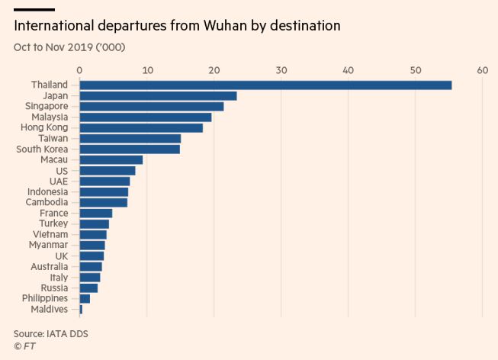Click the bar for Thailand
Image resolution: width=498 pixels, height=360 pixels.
(x=265, y=85)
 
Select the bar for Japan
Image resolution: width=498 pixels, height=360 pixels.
(x=158, y=95)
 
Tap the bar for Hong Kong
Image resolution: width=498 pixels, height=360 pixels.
(x=141, y=127)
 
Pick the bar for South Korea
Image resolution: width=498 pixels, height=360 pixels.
(x=130, y=149)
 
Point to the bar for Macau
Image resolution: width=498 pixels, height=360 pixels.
(x=111, y=159)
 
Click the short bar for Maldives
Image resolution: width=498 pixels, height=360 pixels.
(x=81, y=309)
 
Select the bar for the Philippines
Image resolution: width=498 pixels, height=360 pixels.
(x=85, y=298)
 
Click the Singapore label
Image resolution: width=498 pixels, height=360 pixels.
(x=45, y=106)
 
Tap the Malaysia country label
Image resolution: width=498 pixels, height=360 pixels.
(x=50, y=117)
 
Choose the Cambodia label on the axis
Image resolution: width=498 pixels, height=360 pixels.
(x=47, y=202)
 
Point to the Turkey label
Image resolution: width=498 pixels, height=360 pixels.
(x=53, y=223)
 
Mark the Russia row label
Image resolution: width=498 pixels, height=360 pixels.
(x=54, y=288)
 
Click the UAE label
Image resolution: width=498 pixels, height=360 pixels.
(x=57, y=181)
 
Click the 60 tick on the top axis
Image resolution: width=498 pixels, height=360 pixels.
(x=482, y=70)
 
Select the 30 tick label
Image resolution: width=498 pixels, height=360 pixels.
(x=281, y=70)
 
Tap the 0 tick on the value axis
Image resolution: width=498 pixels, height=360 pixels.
(x=79, y=70)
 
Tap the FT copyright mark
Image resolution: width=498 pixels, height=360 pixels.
(x=24, y=346)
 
